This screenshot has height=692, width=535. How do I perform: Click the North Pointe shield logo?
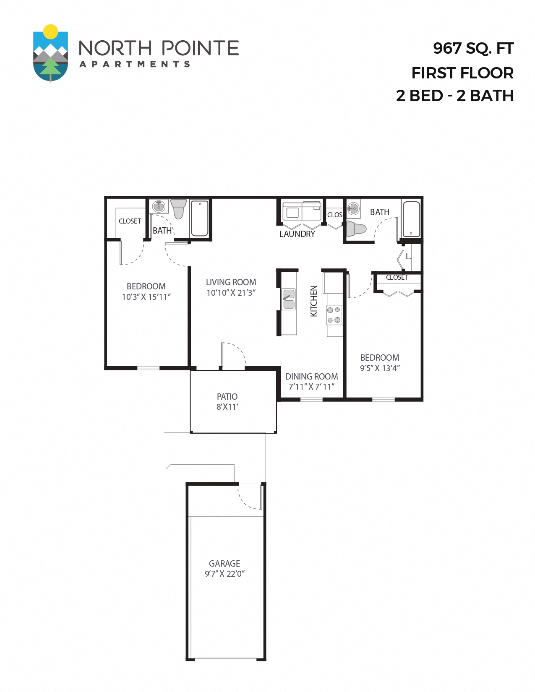point(50,54)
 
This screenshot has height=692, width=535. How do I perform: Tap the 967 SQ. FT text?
point(473,49)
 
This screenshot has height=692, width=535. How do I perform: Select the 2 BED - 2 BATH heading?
point(455,96)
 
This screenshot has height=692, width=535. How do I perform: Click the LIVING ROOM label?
point(231,282)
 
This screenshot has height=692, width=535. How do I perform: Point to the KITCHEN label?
point(313,301)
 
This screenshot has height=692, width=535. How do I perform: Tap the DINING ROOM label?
point(311,377)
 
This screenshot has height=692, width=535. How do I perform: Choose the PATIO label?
point(227,397)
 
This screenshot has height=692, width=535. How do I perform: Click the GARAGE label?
point(224,564)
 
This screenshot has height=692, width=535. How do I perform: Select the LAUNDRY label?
point(297,234)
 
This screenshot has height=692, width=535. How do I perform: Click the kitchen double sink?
point(289,299)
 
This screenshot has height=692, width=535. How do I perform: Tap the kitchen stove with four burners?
point(334,315)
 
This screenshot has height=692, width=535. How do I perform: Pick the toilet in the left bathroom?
point(178,208)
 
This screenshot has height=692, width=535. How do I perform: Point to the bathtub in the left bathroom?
point(200,218)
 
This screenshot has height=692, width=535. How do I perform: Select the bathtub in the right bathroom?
point(411,219)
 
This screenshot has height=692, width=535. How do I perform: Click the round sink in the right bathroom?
point(354,208)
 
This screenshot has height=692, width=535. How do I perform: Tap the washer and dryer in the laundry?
point(302,211)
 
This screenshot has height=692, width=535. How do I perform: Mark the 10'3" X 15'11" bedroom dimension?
point(146,297)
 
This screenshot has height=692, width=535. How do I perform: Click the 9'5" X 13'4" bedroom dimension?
point(380,368)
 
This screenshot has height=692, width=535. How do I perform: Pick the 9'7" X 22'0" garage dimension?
point(224,574)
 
